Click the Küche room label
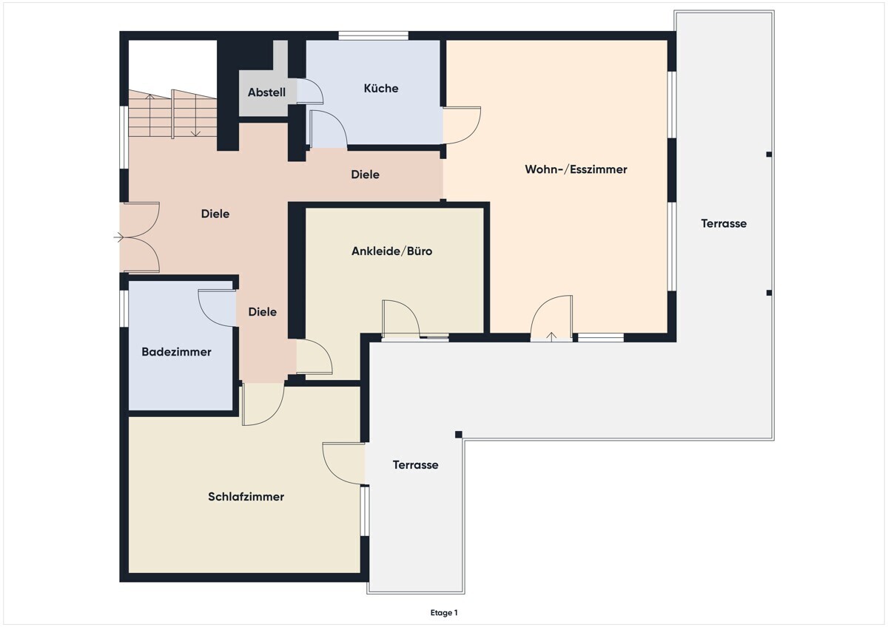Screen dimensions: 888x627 (x=381, y=88)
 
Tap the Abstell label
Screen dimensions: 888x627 (x=266, y=92)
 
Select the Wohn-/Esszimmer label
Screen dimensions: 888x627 (x=576, y=169)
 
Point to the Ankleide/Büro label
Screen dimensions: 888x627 (x=391, y=251)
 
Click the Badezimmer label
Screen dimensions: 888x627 (x=176, y=352)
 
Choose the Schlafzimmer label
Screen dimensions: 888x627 (x=246, y=497)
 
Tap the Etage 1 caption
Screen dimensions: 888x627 (x=444, y=613)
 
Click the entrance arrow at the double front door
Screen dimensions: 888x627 (x=118, y=237)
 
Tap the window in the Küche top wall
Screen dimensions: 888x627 (x=373, y=35)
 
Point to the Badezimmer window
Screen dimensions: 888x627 (x=124, y=308)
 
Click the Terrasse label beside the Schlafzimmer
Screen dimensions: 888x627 (x=415, y=465)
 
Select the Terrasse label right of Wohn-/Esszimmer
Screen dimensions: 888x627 (x=724, y=224)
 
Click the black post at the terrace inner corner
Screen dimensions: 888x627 (x=459, y=435)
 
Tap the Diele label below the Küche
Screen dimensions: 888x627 (x=365, y=174)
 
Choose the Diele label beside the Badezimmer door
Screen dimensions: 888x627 (x=263, y=312)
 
